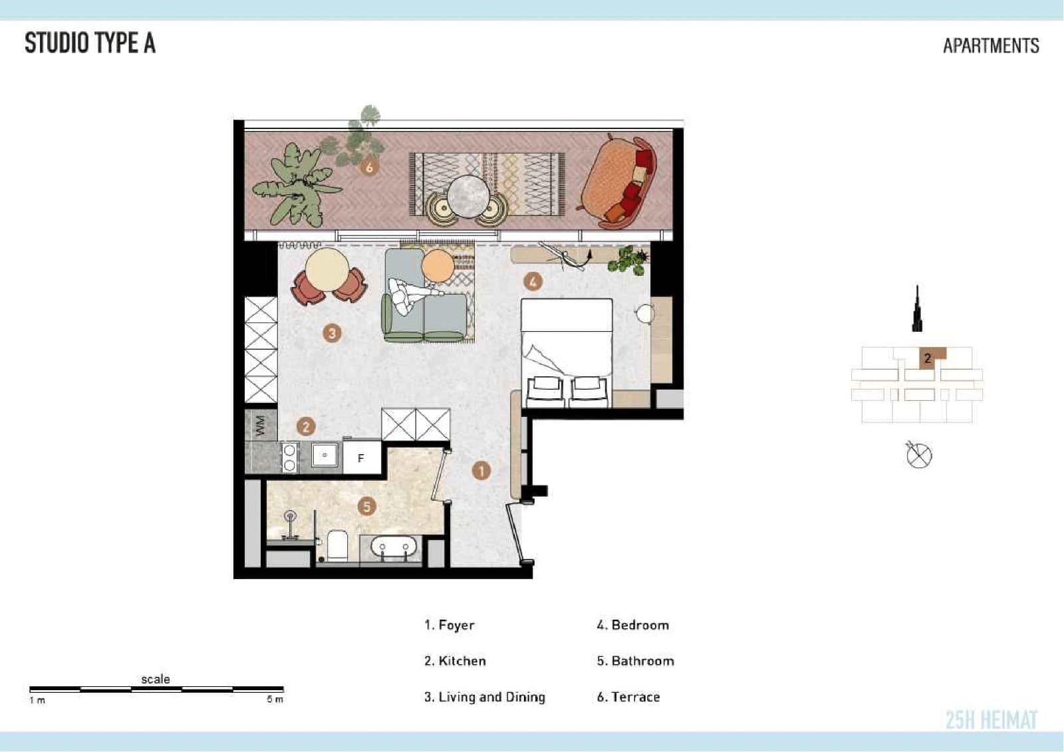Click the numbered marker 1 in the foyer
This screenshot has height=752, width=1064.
click(481, 471)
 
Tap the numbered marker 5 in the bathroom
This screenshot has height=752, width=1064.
click(366, 507)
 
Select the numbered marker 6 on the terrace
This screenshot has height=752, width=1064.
click(369, 167)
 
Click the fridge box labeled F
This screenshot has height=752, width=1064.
click(362, 457)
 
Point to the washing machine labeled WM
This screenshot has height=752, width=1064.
click(261, 426)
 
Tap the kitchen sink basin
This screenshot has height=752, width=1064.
click(325, 455)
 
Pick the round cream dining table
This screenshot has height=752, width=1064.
click(327, 270)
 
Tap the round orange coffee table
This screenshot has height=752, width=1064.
click(438, 266)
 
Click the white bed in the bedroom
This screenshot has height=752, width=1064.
click(567, 352)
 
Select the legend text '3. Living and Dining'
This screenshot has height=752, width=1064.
click(485, 697)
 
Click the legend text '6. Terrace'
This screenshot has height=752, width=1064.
click(628, 697)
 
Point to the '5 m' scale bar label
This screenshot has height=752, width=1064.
click(275, 699)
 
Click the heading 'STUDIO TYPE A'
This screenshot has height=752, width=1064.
click(90, 43)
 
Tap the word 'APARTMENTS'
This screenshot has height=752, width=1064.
click(991, 46)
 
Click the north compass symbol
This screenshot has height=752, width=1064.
click(918, 455)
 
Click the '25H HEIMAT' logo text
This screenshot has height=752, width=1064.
click(992, 719)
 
